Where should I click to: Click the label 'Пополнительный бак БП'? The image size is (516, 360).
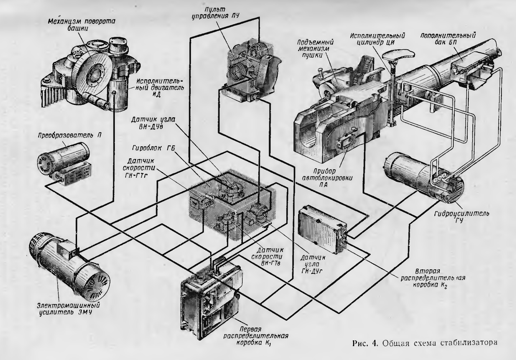(448, 39)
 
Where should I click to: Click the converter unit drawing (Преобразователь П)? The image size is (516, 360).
(64, 165)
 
